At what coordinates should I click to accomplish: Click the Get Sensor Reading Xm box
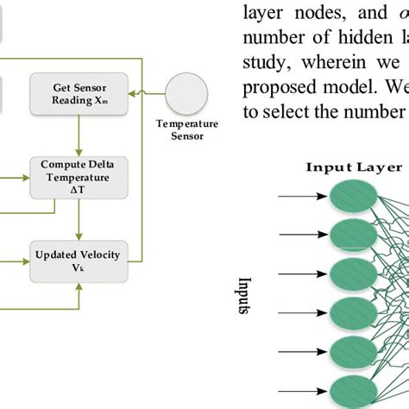(79, 91)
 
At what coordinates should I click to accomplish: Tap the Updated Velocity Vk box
(79, 259)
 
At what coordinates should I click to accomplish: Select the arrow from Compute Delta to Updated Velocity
(79, 219)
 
